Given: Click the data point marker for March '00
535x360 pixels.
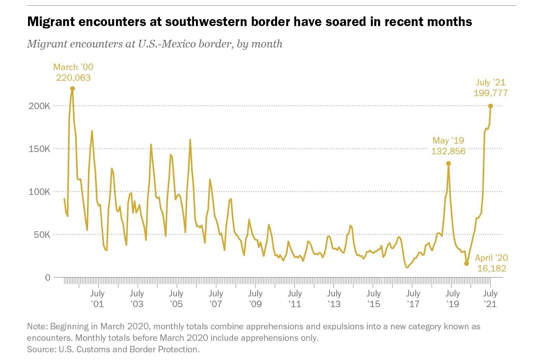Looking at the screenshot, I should (x=72, y=89).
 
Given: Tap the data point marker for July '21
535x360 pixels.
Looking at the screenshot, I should (x=491, y=106).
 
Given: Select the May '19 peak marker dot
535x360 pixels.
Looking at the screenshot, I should (x=449, y=164).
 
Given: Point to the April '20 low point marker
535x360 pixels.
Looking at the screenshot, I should (x=466, y=263).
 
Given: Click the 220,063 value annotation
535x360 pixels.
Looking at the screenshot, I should (x=73, y=78).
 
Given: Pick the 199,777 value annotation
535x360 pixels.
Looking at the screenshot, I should (x=491, y=93).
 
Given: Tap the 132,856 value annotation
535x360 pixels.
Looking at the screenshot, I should (x=449, y=151).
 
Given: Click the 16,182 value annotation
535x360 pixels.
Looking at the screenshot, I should (x=492, y=268).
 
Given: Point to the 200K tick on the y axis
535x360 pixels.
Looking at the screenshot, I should (x=39, y=106).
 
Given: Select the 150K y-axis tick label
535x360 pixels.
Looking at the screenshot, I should (x=39, y=149).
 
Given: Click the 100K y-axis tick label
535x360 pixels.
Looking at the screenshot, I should (x=39, y=192).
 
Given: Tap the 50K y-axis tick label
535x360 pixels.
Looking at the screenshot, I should (x=42, y=235).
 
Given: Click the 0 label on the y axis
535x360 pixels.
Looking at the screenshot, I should (x=48, y=278).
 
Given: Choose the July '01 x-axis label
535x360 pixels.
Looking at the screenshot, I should (x=98, y=299).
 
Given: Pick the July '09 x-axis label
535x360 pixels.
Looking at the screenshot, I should (x=255, y=299).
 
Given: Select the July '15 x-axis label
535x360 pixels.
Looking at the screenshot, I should (x=374, y=299).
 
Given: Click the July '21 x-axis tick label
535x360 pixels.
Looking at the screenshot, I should (x=490, y=299).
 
